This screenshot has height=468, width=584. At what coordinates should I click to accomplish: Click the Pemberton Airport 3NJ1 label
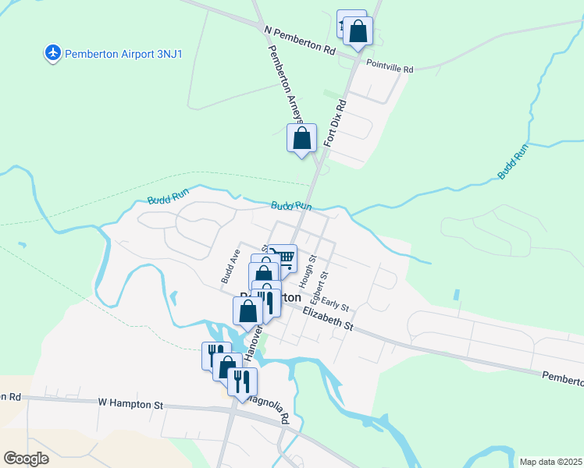click(123, 54)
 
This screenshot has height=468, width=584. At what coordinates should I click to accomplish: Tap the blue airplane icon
click(53, 53)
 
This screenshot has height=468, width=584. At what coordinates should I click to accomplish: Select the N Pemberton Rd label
click(300, 39)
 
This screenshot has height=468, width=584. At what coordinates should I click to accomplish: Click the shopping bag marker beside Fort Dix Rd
click(302, 139)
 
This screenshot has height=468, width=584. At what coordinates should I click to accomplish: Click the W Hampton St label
click(130, 404)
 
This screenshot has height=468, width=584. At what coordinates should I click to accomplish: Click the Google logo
click(26, 458)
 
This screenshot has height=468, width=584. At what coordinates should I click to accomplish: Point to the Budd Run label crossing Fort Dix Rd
click(291, 206)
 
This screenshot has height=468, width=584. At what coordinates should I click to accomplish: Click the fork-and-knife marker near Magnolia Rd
click(242, 381)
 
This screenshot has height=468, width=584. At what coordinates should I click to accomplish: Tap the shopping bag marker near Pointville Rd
click(358, 31)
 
